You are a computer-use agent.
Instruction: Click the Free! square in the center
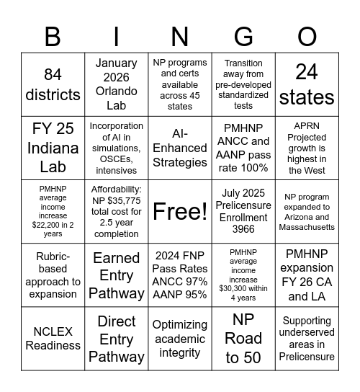tap(180, 211)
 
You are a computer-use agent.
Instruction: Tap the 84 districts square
tap(53, 84)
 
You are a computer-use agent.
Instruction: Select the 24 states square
tap(307, 84)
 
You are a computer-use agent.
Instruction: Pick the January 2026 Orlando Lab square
tap(117, 84)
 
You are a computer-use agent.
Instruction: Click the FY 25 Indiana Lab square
tap(53, 148)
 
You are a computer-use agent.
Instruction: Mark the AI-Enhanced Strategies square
tap(180, 148)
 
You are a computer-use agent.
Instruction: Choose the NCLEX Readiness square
tap(53, 338)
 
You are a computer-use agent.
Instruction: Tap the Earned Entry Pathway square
tap(117, 275)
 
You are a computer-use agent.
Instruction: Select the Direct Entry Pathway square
tap(117, 338)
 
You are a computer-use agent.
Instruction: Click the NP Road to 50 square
tap(243, 338)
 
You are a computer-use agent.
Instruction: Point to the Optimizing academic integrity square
tap(180, 338)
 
